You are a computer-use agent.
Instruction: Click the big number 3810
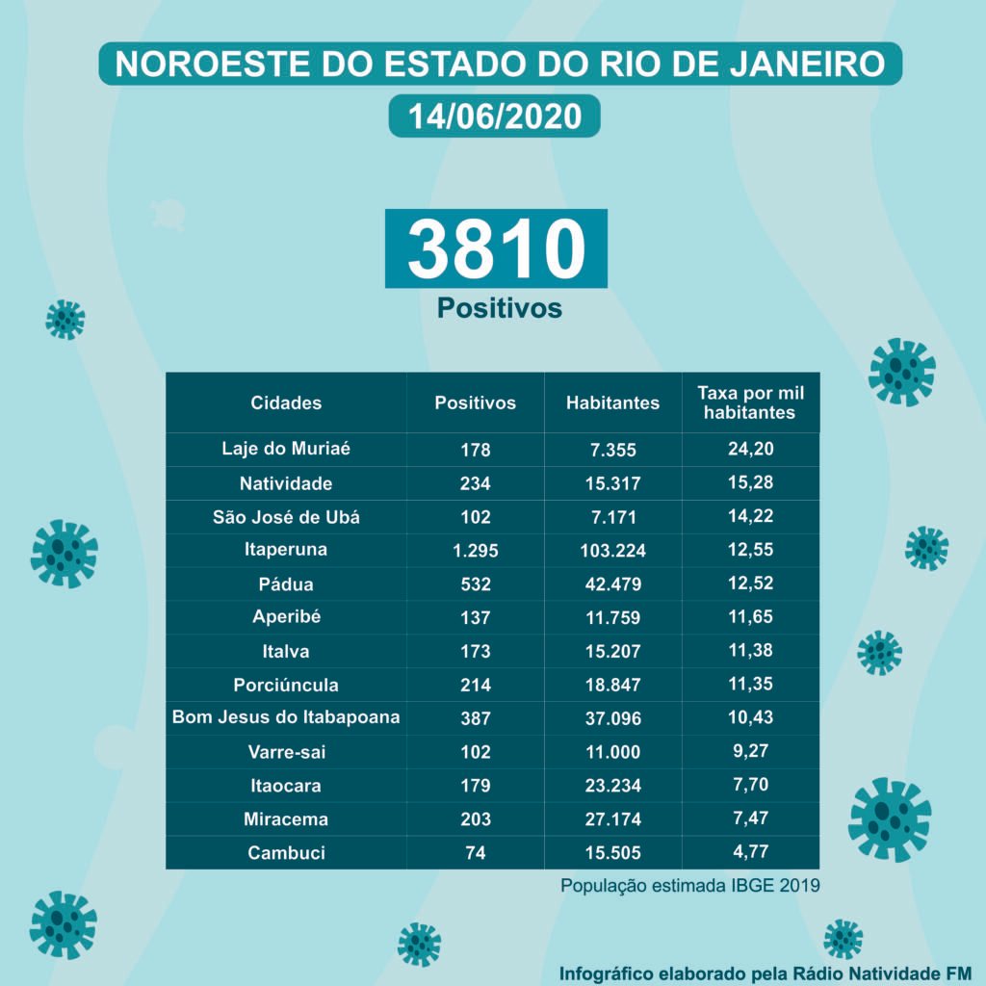(496, 248)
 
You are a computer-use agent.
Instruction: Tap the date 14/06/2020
(495, 117)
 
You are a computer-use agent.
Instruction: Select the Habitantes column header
(613, 403)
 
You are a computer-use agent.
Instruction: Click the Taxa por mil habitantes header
(750, 403)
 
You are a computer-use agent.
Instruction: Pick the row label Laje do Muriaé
(286, 449)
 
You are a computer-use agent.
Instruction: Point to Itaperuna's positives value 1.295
(476, 551)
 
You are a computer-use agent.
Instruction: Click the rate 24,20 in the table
(751, 449)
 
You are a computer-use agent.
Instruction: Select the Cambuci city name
(286, 853)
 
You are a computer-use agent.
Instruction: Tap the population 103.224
(613, 551)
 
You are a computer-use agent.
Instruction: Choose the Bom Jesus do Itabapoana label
(286, 717)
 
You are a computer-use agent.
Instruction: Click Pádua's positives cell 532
(476, 584)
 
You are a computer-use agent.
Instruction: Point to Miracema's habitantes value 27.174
(613, 819)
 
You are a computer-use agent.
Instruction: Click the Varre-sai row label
(286, 751)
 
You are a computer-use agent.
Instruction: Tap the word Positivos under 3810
(499, 308)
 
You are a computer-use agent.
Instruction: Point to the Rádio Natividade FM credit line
(765, 971)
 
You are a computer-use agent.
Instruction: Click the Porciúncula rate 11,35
(751, 685)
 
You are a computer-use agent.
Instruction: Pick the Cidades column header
(286, 403)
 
